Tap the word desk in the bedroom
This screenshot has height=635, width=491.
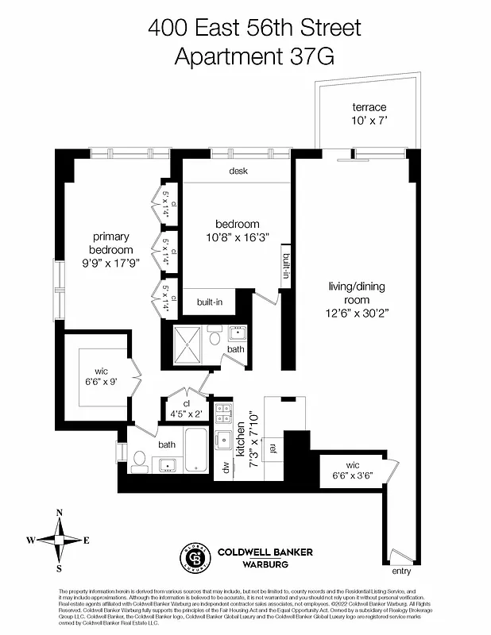pos(238,171)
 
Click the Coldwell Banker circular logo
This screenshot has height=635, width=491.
pos(199,557)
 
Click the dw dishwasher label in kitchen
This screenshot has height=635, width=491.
pos(226,468)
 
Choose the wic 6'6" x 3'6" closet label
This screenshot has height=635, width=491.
pos(352,470)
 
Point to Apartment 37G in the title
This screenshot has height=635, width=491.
pos(255,56)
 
